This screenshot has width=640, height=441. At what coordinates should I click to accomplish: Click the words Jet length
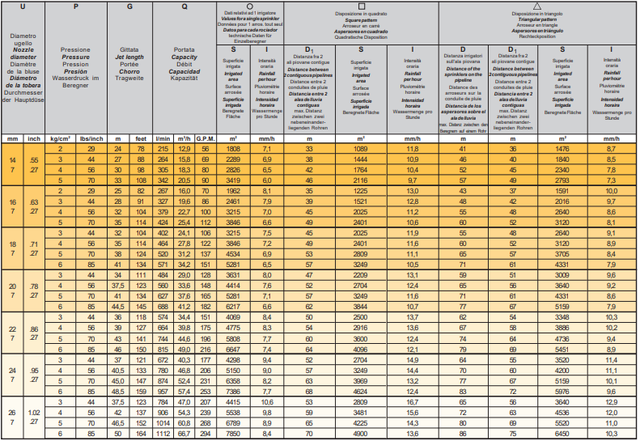pos(130,58)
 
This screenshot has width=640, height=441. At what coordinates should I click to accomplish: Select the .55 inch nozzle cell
pos(34,162)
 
